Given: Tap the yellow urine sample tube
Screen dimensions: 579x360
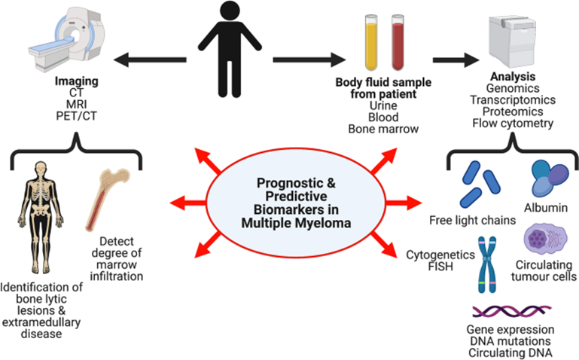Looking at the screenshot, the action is click(371, 42).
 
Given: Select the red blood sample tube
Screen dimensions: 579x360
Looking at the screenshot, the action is click(398, 42).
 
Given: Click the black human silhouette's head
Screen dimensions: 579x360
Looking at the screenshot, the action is click(230, 12).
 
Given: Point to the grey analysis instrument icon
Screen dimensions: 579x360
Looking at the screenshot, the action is click(513, 41).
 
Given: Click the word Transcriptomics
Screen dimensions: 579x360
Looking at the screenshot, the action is click(513, 100).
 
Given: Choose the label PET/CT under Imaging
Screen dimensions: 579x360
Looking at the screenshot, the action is click(77, 116).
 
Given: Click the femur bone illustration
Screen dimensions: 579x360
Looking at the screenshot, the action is click(107, 200).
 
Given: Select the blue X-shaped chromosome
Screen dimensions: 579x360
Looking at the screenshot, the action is click(487, 265).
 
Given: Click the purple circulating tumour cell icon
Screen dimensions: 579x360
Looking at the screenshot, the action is click(545, 239).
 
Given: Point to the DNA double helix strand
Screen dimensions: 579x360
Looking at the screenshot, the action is click(512, 311).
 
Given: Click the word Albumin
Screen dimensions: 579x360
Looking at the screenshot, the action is click(546, 208).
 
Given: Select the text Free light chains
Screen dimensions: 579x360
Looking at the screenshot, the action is click(472, 221).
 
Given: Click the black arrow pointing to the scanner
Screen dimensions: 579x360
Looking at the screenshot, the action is click(150, 59).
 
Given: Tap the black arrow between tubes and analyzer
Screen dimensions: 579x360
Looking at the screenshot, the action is click(456, 59).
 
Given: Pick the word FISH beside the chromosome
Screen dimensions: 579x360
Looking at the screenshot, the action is click(440, 267).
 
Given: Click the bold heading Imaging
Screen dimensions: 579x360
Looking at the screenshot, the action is click(77, 81).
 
